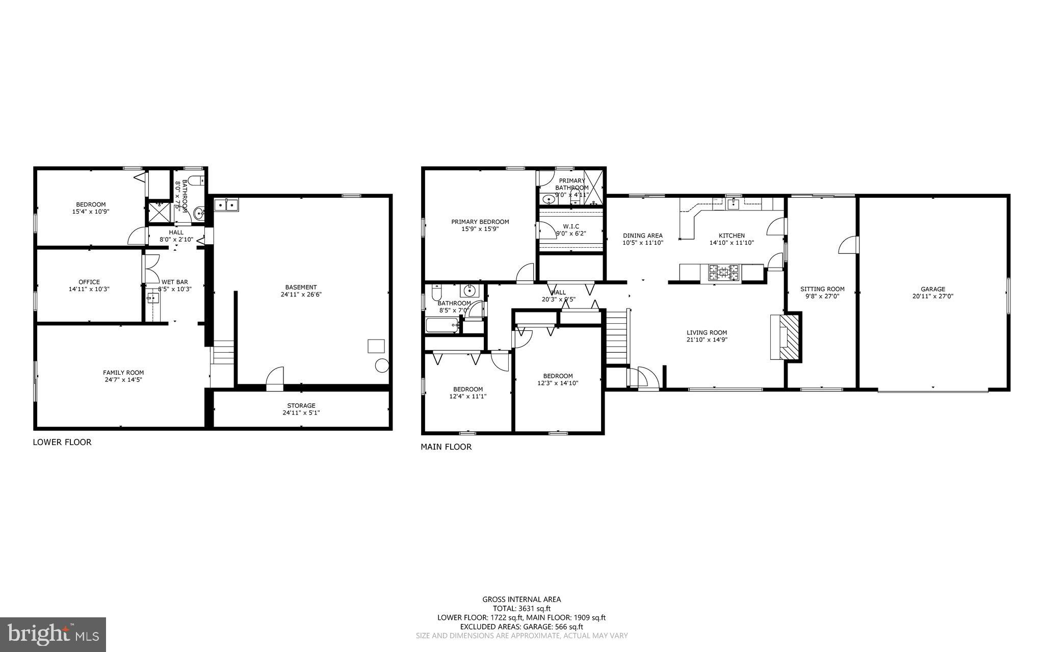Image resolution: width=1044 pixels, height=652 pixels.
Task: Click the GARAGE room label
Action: click(x=932, y=289)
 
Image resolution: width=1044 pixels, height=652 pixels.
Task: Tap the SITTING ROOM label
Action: click(x=822, y=289)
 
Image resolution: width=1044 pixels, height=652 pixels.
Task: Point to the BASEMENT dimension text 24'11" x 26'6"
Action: click(x=301, y=294)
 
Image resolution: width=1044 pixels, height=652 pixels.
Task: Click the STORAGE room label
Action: click(x=301, y=406)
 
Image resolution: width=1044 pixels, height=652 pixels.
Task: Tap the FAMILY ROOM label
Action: click(x=123, y=373)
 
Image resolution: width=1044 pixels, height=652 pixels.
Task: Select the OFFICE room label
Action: click(x=89, y=282)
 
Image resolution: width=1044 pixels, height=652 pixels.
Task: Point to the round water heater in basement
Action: click(x=381, y=366)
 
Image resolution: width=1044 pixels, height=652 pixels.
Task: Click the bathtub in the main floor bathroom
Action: click(x=441, y=325)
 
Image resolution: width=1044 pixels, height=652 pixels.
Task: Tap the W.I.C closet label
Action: click(x=571, y=226)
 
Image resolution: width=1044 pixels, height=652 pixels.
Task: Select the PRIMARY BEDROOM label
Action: click(x=480, y=222)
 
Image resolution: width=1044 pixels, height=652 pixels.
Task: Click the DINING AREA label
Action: click(x=642, y=236)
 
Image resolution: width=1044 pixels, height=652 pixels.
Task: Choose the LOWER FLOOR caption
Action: click(x=62, y=442)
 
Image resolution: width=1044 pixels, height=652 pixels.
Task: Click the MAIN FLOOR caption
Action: click(x=446, y=447)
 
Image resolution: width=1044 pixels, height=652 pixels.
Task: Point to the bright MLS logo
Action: click(x=53, y=634)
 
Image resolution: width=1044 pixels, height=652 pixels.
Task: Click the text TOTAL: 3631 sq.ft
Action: click(x=521, y=608)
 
